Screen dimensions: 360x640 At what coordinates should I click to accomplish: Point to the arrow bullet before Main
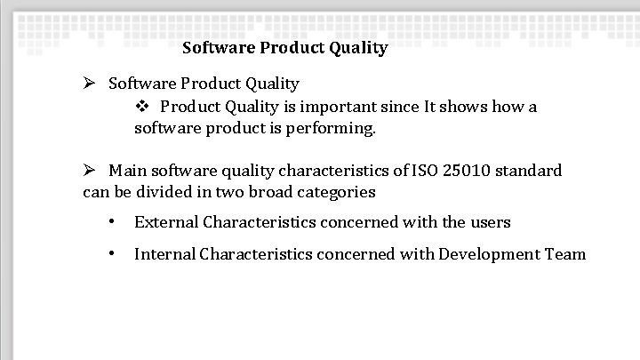[x=90, y=170]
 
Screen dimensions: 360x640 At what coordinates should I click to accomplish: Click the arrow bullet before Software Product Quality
[x=90, y=84]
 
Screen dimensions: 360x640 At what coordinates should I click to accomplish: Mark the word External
[x=165, y=222]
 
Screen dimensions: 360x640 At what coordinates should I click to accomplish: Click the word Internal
[x=164, y=254]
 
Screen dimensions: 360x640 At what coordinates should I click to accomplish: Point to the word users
[x=491, y=222]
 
